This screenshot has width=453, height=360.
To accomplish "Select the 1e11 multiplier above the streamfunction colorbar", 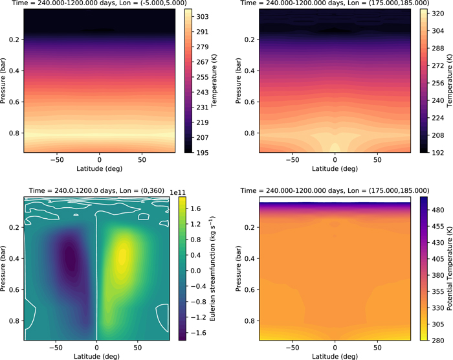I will point(186,192).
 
